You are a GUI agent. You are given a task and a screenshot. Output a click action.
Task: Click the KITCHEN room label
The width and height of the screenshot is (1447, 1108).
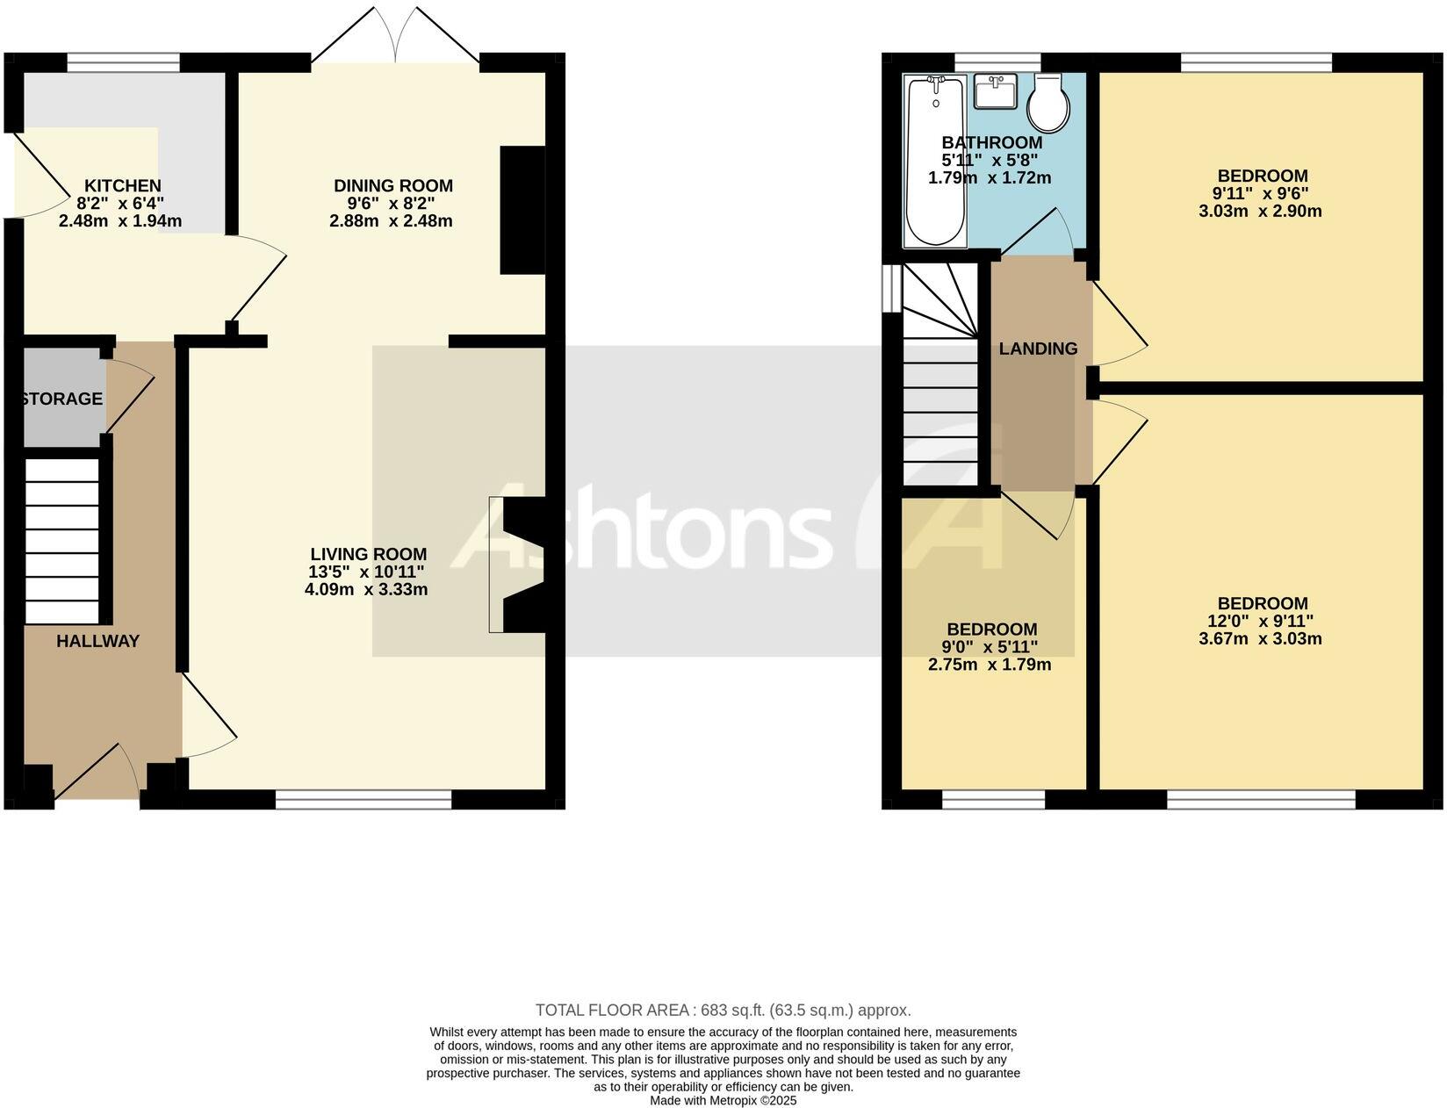(x=122, y=186)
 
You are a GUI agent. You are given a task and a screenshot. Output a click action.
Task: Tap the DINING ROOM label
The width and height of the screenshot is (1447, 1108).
(x=392, y=186)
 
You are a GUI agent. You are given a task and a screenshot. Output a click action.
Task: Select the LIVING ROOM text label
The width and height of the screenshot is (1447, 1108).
(x=368, y=555)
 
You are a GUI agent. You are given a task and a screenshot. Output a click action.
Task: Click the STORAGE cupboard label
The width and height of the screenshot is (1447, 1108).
(x=61, y=399)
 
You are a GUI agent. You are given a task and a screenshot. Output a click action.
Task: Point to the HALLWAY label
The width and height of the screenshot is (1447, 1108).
(x=97, y=641)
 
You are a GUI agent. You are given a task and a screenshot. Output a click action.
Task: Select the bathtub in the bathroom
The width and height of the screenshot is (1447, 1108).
(x=936, y=160)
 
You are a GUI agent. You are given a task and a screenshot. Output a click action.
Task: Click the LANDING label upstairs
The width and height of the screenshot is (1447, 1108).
(x=1038, y=349)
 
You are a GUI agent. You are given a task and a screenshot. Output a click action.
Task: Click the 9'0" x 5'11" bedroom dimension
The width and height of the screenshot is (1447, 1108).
(x=990, y=647)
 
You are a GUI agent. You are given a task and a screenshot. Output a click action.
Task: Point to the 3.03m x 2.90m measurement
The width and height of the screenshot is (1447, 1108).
(x=1260, y=211)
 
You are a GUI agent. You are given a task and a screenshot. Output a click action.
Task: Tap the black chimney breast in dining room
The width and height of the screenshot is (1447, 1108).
(x=522, y=211)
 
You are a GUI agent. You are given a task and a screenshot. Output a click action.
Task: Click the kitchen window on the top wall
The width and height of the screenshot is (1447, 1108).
(x=123, y=62)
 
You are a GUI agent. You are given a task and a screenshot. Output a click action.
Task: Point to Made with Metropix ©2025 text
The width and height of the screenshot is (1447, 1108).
(x=723, y=1100)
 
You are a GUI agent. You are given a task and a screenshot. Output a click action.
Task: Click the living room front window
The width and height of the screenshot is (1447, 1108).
(x=364, y=799)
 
